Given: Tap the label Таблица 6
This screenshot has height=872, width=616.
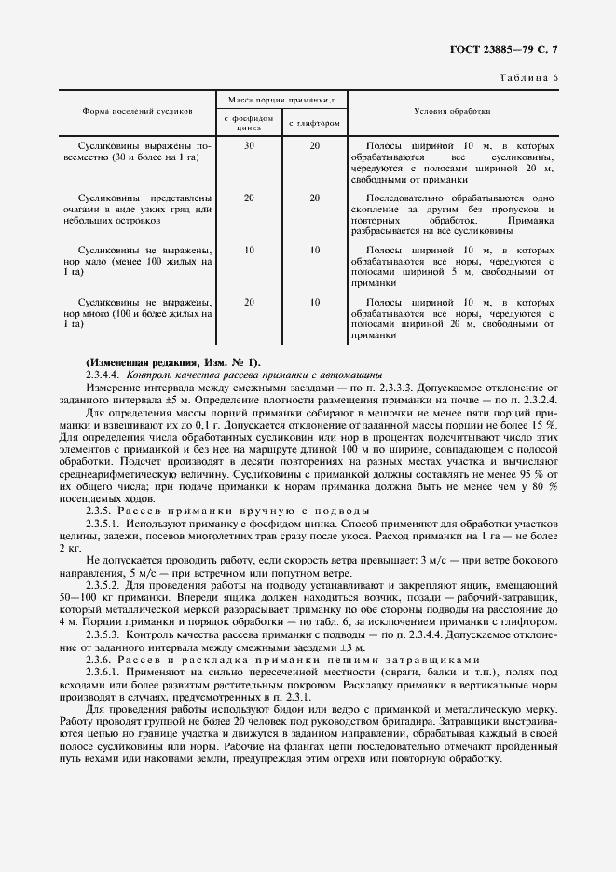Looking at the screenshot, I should pyautogui.click(x=528, y=77).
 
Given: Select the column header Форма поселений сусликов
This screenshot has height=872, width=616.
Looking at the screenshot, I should pyautogui.click(x=138, y=111).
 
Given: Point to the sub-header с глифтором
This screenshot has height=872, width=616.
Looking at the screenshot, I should pyautogui.click(x=314, y=123).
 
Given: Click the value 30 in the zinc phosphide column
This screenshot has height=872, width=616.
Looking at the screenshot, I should pyautogui.click(x=249, y=146).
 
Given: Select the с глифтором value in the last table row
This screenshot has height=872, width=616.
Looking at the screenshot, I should pyautogui.click(x=315, y=303).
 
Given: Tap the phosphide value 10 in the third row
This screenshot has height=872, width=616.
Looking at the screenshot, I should pyautogui.click(x=249, y=251).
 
